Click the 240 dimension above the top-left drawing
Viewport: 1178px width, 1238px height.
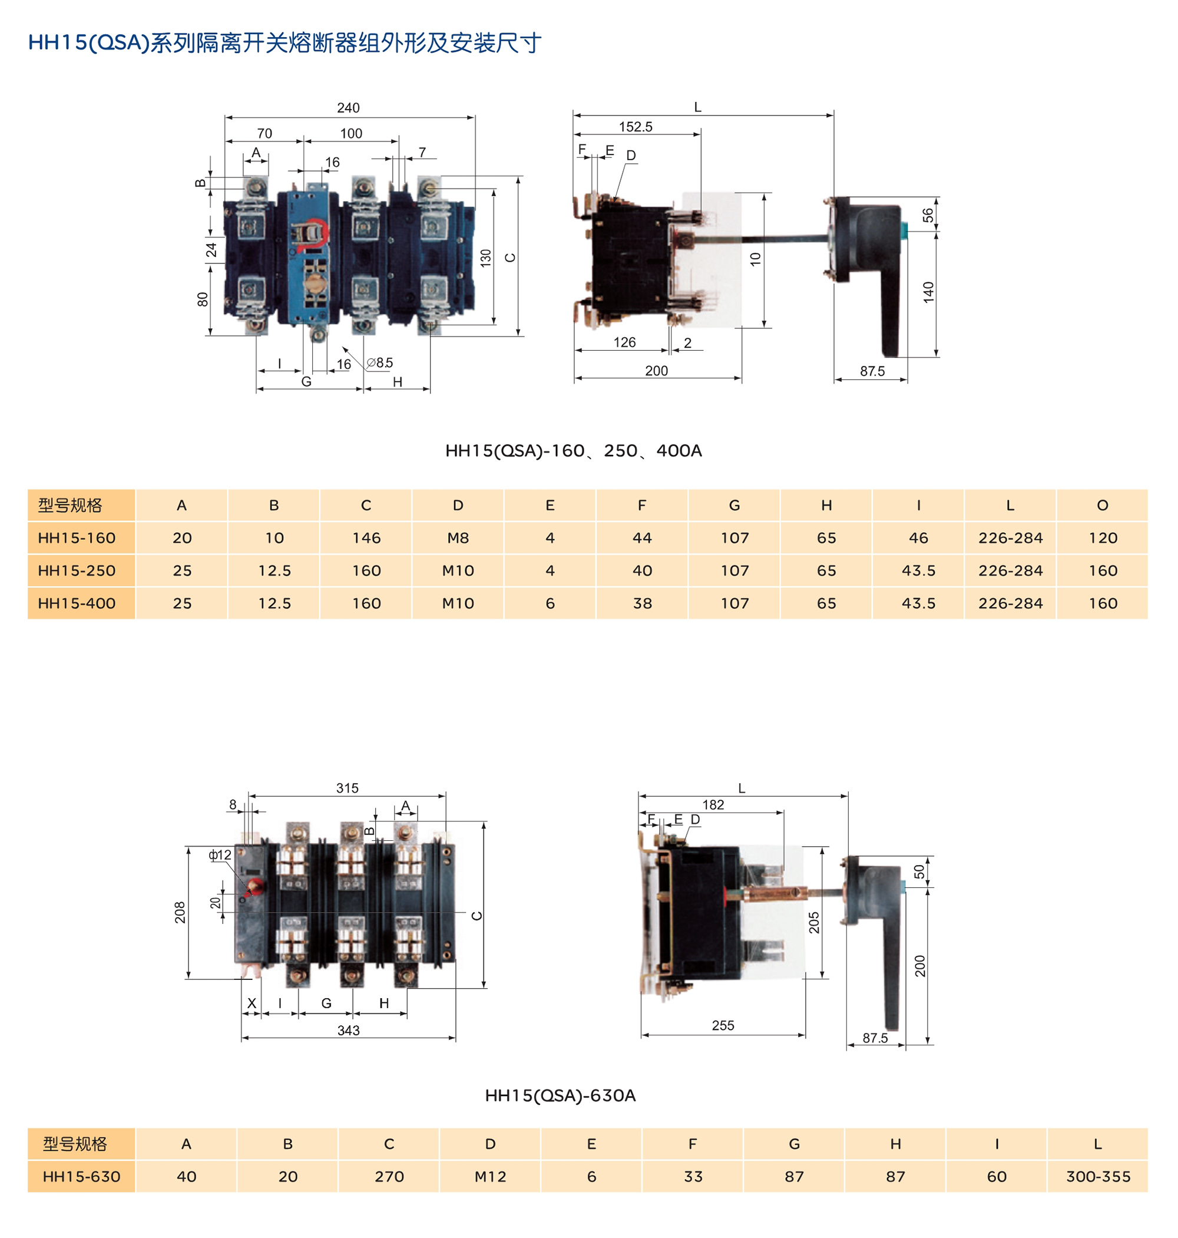(x=348, y=108)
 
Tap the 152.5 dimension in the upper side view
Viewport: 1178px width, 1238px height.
(x=636, y=127)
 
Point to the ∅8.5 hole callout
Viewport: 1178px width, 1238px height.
(x=379, y=363)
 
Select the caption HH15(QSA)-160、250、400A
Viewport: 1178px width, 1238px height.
(x=573, y=451)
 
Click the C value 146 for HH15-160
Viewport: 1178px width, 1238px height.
(x=366, y=539)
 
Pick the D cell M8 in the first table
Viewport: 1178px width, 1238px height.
(x=458, y=539)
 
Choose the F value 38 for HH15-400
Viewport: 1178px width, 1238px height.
(x=642, y=603)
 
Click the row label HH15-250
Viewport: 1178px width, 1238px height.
(x=77, y=571)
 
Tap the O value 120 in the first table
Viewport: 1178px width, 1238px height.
(x=1103, y=539)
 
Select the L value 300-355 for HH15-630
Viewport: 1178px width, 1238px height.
(x=1098, y=1177)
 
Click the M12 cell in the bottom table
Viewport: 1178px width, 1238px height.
(x=490, y=1177)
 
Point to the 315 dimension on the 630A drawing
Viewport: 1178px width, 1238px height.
(x=348, y=788)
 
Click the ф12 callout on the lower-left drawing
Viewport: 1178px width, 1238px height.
(x=220, y=856)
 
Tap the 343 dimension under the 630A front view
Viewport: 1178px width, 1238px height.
(x=348, y=1031)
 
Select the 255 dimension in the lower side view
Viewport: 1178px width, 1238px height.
(x=723, y=1026)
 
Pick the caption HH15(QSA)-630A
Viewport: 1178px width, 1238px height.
(x=560, y=1096)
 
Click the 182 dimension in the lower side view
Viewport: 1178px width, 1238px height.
(x=713, y=805)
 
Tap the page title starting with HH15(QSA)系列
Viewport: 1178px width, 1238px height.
(x=284, y=42)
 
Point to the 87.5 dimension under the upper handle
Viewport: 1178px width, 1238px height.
(x=872, y=371)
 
